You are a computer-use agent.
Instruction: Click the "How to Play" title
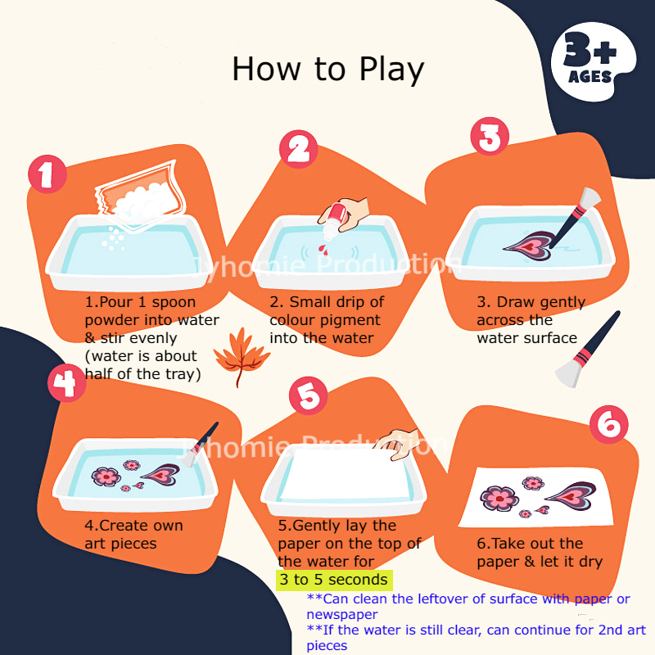click(x=328, y=70)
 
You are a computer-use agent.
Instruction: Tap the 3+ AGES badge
click(x=593, y=61)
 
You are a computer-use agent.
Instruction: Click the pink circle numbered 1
click(x=47, y=174)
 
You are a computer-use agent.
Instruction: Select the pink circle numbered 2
click(x=299, y=149)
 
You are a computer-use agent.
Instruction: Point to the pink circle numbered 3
click(x=490, y=136)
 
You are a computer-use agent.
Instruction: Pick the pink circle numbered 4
click(x=67, y=382)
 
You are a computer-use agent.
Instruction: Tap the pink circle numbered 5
click(x=309, y=395)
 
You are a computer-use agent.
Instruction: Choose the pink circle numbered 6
click(x=608, y=424)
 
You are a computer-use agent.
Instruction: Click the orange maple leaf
click(x=241, y=356)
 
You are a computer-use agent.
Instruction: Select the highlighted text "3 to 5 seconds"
click(x=334, y=580)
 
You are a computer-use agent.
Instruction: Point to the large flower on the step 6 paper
click(x=499, y=499)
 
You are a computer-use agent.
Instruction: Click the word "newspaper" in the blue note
click(x=342, y=615)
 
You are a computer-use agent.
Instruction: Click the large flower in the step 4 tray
click(x=106, y=477)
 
